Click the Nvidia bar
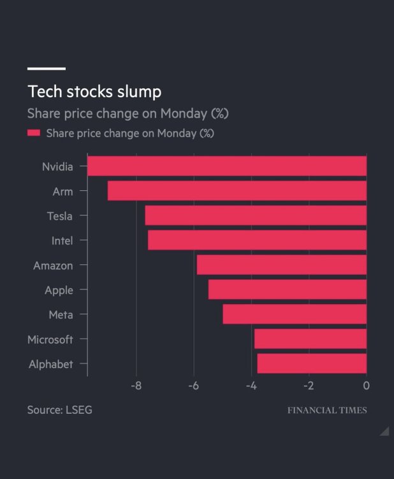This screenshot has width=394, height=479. [227, 166]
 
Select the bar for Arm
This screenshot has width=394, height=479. [237, 191]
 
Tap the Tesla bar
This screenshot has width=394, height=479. [256, 215]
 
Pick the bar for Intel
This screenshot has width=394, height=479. [257, 240]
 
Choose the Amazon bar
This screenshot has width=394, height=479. [282, 264]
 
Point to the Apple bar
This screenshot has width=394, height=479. [288, 289]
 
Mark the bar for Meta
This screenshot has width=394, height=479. [295, 314]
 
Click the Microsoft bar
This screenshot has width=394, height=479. [310, 338]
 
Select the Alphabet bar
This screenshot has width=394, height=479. [312, 363]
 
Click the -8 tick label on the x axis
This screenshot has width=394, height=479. [136, 386]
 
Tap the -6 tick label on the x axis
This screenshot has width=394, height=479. [193, 386]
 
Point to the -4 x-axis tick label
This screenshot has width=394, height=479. [251, 386]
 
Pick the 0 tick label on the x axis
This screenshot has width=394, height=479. [366, 386]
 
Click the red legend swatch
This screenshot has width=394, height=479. [34, 133]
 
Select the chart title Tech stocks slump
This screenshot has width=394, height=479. [94, 91]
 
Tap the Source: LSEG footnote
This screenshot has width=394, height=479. [59, 410]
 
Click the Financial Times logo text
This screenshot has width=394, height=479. [327, 410]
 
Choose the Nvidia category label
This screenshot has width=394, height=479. [57, 167]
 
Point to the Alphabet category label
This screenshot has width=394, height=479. [51, 364]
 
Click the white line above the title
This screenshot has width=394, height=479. [46, 68]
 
